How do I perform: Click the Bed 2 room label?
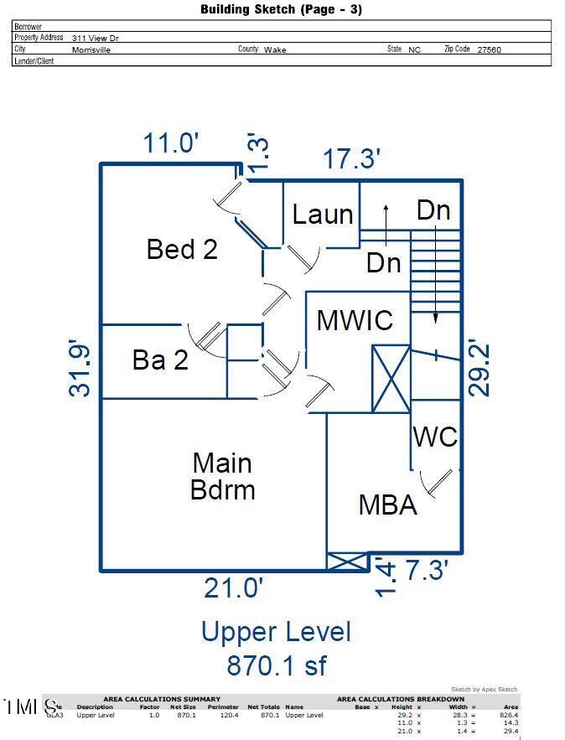coord(182,249)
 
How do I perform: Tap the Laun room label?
coord(323,214)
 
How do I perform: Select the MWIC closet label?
coord(355,319)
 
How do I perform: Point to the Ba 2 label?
coord(160,360)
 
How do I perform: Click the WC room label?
coord(435,437)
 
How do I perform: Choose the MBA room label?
coord(387,505)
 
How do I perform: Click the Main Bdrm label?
coord(222,475)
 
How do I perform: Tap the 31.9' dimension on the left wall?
coord(82,366)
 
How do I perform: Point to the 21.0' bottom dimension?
coord(234,587)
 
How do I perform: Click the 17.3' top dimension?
coord(352,158)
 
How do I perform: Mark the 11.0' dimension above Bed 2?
coord(171,143)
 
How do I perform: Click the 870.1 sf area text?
coord(276,665)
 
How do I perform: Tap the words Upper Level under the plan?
coord(276,632)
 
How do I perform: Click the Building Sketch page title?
coord(282,10)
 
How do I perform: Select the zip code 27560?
coord(489,49)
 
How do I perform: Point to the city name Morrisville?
coord(91,49)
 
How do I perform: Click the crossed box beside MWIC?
coord(391,378)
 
